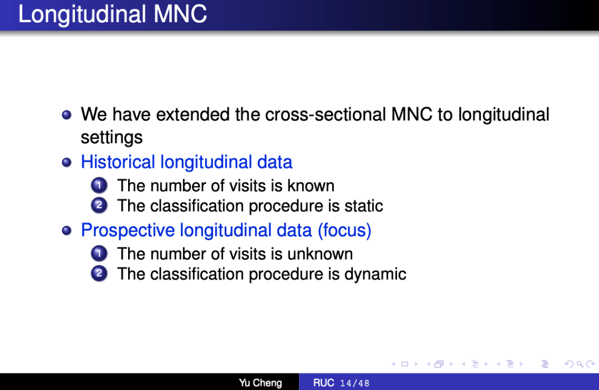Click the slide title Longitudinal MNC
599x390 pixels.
(112, 14)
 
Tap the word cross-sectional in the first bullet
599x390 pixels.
(326, 114)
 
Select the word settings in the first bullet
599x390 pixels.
(111, 138)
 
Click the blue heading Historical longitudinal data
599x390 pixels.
(186, 162)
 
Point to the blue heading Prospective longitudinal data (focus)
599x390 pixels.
(226, 231)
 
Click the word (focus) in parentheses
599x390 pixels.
(344, 231)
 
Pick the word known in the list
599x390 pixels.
(311, 186)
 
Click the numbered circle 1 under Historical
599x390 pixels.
(99, 186)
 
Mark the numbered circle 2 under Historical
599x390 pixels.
(99, 206)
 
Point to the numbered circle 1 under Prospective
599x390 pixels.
(99, 253)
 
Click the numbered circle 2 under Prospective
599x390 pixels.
(99, 274)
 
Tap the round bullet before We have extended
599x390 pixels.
(67, 115)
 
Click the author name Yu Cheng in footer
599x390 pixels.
(261, 383)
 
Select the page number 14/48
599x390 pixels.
(355, 383)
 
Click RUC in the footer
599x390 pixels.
(323, 383)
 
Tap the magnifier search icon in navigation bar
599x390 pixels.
(580, 364)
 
